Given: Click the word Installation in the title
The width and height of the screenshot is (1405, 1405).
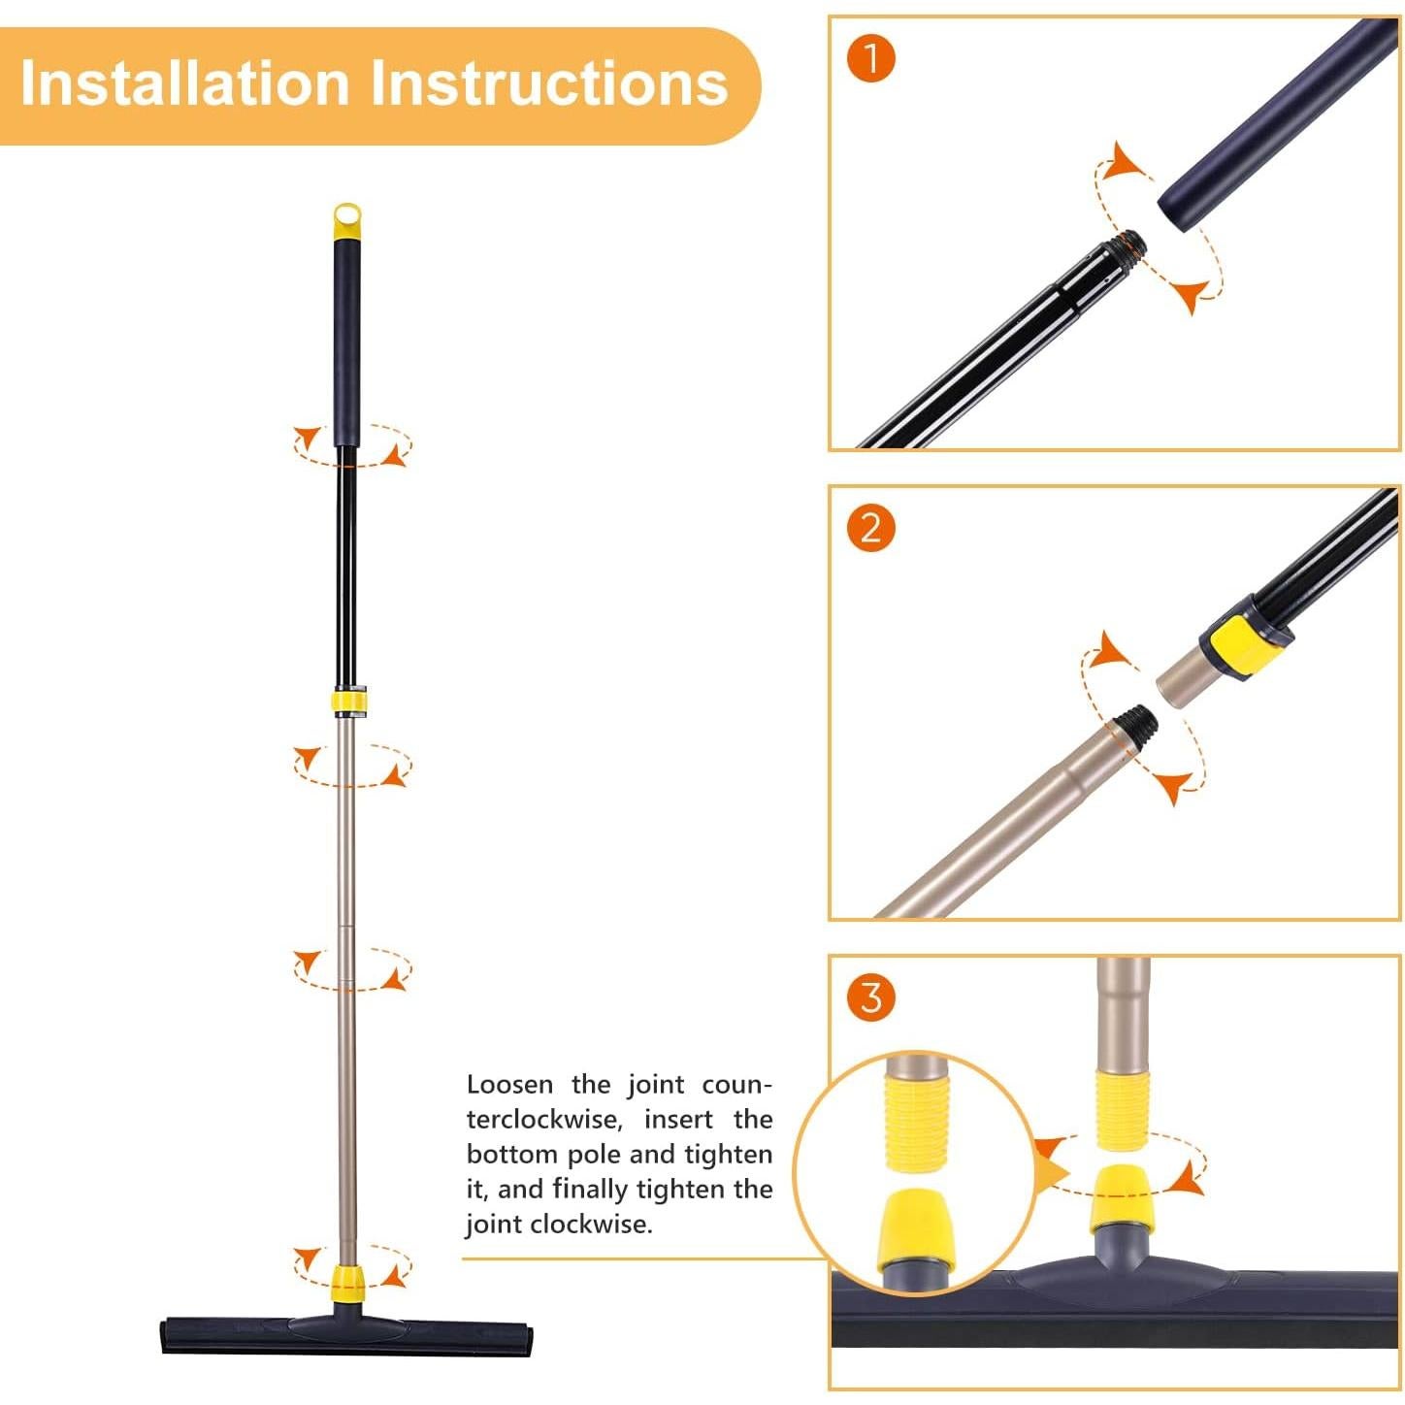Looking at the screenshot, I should point(184,83).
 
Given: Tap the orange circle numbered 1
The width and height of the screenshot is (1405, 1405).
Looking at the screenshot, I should point(870,59).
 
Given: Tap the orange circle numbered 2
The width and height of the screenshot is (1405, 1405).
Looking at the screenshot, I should point(870,528).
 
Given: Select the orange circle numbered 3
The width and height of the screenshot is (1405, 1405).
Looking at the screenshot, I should point(870,997).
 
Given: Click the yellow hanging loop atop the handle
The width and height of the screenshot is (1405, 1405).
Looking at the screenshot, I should point(346,221).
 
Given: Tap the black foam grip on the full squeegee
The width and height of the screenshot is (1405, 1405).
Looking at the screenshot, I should point(347,340).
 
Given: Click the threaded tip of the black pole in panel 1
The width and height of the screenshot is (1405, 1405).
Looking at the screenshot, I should point(1129,243).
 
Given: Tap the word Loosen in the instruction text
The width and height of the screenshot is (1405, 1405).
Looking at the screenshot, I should point(509,1085).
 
